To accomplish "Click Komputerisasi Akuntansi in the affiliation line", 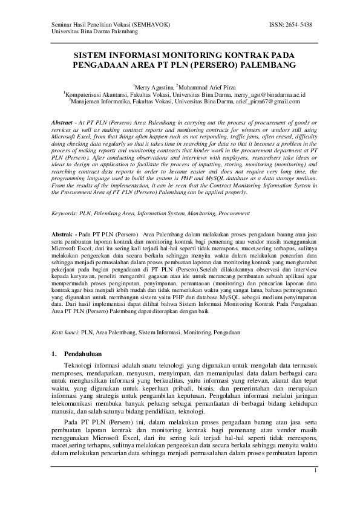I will coord(94,95).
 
